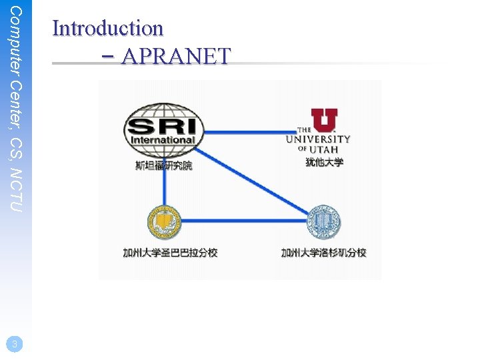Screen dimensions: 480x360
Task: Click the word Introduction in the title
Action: click(107, 28)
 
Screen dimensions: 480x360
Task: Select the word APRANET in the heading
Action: click(176, 57)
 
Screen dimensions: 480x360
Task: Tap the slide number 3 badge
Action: click(15, 343)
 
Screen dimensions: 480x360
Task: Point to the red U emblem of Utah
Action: click(324, 121)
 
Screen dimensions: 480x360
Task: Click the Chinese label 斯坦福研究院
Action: click(163, 165)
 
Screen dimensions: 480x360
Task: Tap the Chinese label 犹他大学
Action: click(324, 162)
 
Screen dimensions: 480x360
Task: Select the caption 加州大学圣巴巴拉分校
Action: click(170, 253)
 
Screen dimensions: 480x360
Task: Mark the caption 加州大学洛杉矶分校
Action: click(324, 253)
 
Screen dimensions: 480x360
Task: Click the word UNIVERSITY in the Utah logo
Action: click(318, 139)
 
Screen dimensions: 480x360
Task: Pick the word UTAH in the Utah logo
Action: click(325, 149)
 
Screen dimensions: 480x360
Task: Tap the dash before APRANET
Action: click(110, 57)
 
